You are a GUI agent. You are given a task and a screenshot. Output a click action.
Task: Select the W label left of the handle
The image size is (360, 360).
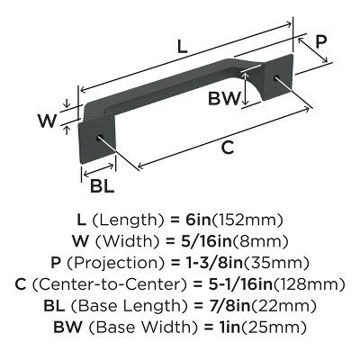click(x=54, y=118)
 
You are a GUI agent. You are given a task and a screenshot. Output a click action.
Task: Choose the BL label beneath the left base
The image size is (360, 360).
click(x=102, y=185)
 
